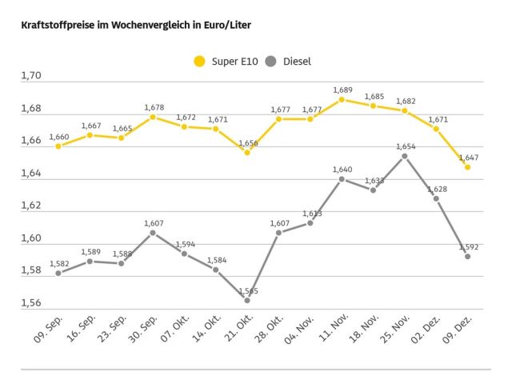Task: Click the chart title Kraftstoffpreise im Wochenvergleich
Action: [x=136, y=26]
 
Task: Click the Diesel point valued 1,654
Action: [x=405, y=156]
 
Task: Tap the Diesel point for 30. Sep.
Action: [x=153, y=233]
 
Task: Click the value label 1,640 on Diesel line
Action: [x=342, y=170]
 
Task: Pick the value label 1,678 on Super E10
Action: [x=154, y=107]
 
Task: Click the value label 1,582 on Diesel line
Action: [x=59, y=263]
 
